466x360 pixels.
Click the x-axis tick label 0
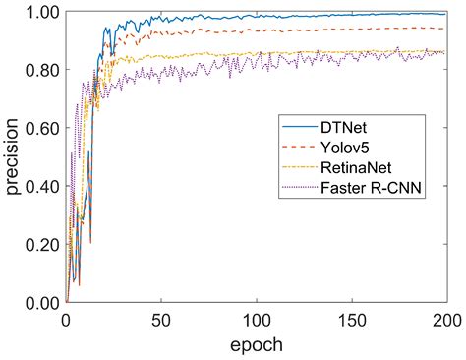tap(66, 319)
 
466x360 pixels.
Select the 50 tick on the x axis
tap(160, 319)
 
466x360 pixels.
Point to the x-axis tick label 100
tap(256, 319)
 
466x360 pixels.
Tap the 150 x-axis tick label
tap(350, 319)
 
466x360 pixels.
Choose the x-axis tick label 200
tap(444, 319)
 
